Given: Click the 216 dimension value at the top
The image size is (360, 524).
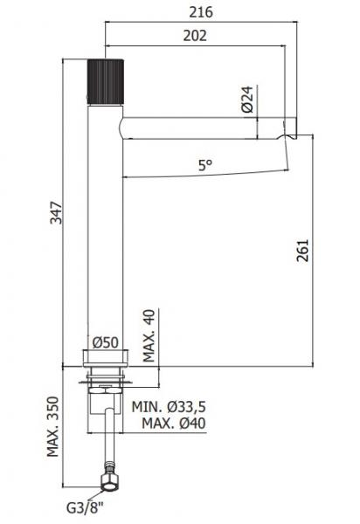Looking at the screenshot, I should [x=200, y=11].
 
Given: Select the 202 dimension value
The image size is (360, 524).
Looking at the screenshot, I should [x=196, y=37].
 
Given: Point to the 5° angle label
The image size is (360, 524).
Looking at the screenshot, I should [x=205, y=164].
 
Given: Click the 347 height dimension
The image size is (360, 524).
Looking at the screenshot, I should [x=55, y=212].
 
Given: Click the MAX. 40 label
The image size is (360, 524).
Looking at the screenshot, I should [x=149, y=334].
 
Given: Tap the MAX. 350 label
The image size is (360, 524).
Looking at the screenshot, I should [x=55, y=428].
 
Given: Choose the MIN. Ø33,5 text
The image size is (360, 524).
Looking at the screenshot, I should [x=168, y=408].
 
